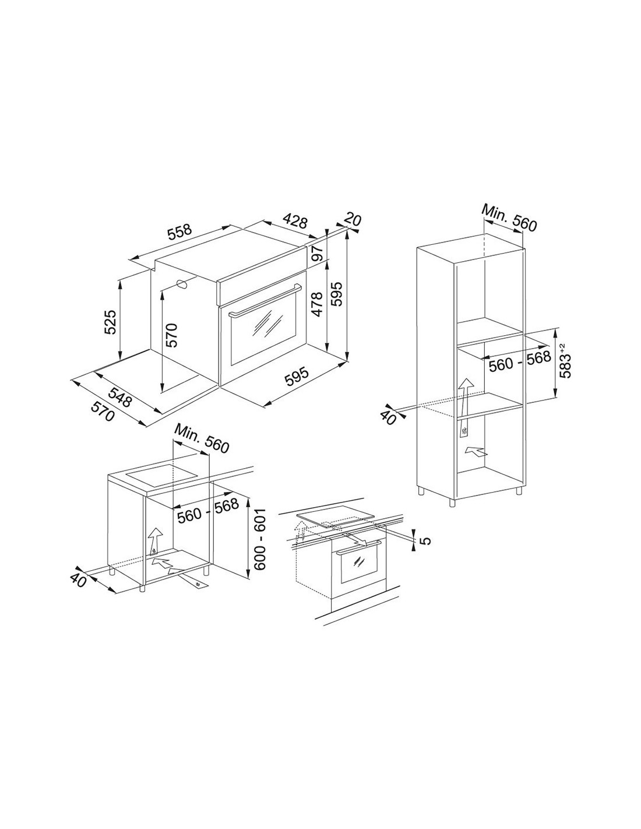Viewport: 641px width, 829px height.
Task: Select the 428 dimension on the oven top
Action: tap(294, 221)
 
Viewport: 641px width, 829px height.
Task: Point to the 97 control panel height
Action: tap(319, 252)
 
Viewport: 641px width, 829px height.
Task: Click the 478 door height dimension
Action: tap(316, 304)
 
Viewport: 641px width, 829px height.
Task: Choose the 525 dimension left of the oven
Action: tap(110, 322)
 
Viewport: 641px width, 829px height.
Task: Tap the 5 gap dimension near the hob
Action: tap(427, 540)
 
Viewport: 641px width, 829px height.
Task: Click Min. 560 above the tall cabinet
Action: tap(509, 218)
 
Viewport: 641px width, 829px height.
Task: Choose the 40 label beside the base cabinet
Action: tap(78, 579)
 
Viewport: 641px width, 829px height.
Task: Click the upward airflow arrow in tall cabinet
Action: tap(464, 398)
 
